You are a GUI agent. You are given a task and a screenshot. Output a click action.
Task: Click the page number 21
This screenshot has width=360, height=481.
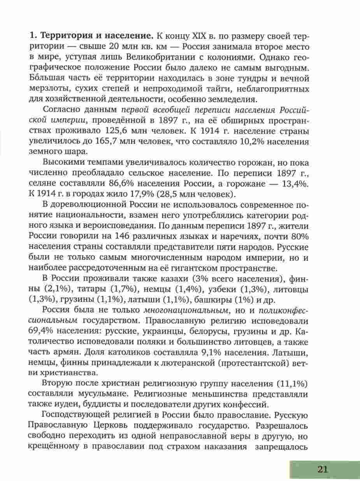click(323, 469)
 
